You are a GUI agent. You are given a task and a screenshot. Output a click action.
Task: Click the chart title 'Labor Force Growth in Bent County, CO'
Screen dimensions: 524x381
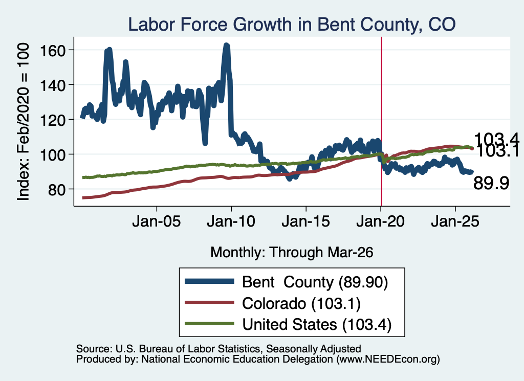tap(292, 25)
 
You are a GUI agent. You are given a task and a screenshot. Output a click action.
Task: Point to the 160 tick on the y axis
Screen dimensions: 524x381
tap(52, 51)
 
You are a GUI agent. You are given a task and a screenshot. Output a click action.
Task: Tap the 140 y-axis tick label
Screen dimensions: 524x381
tap(52, 85)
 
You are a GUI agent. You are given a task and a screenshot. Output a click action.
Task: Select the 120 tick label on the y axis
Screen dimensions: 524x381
tap(52, 120)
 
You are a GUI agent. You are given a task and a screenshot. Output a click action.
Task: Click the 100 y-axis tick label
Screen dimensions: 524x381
tap(52, 154)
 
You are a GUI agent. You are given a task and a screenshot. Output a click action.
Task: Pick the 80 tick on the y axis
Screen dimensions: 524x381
tap(56, 190)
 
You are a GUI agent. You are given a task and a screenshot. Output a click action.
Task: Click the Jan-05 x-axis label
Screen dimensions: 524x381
tap(157, 221)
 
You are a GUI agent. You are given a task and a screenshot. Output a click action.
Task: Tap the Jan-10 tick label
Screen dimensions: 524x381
tap(231, 221)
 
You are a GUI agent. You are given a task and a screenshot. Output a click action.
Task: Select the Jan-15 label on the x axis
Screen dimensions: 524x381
tap(306, 221)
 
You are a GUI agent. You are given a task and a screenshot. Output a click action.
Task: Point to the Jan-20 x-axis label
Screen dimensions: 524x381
tap(381, 221)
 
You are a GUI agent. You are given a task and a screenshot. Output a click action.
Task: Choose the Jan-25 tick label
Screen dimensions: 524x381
tap(455, 221)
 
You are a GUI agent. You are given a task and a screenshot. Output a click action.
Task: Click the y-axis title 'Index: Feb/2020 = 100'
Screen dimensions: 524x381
tap(23, 122)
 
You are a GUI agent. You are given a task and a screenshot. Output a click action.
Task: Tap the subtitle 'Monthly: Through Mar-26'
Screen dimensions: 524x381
tap(292, 253)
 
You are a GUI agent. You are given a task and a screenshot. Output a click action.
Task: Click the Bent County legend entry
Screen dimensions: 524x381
tap(287, 282)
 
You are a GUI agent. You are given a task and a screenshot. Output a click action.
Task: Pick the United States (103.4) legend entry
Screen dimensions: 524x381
tap(289, 324)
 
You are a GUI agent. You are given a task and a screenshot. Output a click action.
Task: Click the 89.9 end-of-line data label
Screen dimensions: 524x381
tap(491, 183)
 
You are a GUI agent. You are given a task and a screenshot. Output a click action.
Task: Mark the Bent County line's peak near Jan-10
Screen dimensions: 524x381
tap(227, 44)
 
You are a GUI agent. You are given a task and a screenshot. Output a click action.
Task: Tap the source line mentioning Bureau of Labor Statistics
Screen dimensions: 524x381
tap(219, 349)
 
